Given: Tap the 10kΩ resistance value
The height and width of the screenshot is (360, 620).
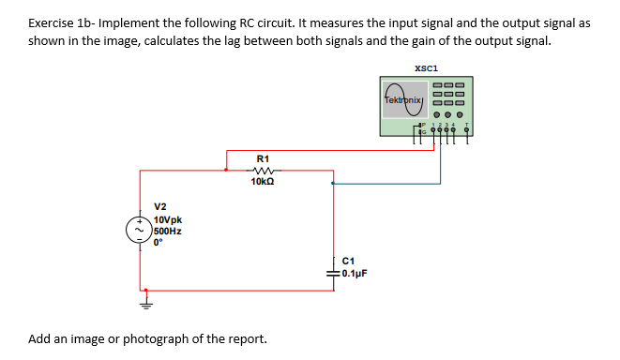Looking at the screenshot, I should pos(263,182).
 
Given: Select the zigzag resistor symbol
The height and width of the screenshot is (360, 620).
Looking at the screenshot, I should pos(263,170).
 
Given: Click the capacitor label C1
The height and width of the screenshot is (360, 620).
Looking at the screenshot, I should pos(350,261).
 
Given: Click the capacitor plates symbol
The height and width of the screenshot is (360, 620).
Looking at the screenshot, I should pos(333,271).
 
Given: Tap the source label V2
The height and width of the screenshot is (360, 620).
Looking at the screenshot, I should pos(160,207).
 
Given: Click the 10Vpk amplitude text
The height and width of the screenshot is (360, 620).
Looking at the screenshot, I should pos(168,219).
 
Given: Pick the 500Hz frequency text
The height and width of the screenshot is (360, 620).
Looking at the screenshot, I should pos(167,230).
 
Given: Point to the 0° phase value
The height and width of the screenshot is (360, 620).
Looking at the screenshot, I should pos(158,241).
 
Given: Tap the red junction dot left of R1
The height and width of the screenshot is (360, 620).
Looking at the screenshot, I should pos(225,170).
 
